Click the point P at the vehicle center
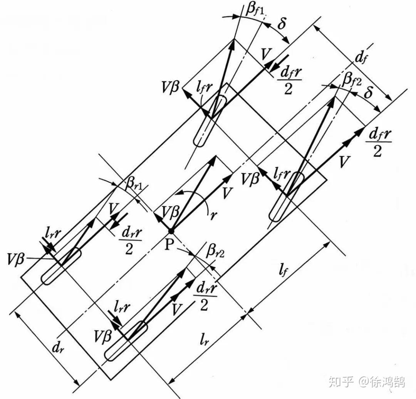click(171, 231)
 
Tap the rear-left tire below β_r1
click(61, 266)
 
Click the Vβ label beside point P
click(170, 212)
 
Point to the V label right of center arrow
click(228, 192)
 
